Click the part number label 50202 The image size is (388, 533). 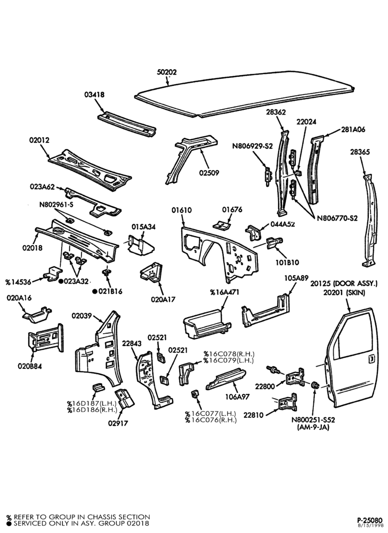click(x=167, y=72)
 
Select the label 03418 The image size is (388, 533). click(x=94, y=94)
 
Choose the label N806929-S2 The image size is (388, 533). click(x=253, y=146)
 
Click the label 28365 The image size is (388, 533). click(x=360, y=152)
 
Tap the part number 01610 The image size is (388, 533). click(x=181, y=210)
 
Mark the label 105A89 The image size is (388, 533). click(x=296, y=278)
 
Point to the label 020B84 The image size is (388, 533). click(x=30, y=366)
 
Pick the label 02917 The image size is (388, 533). click(x=118, y=424)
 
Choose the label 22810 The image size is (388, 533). click(x=253, y=415)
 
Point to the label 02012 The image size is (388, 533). click(x=39, y=140)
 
